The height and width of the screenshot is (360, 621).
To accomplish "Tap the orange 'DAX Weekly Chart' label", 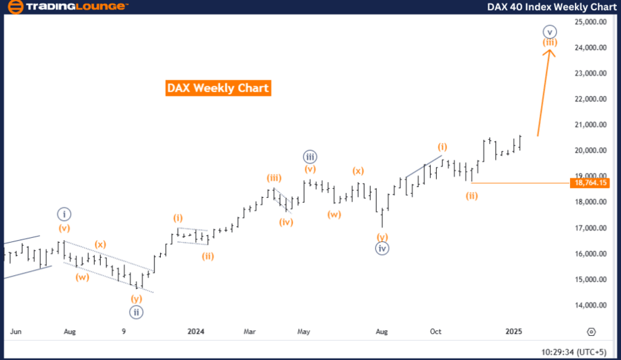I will tap(218, 88).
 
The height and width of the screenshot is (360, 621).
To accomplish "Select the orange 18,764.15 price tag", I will tap(590, 182).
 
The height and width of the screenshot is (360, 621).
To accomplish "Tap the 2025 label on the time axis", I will tap(513, 331).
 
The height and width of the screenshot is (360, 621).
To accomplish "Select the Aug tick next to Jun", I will tap(69, 331).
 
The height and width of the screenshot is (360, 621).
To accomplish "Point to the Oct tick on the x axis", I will tap(436, 331).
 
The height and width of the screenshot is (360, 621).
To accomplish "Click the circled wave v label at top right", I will tap(549, 31).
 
